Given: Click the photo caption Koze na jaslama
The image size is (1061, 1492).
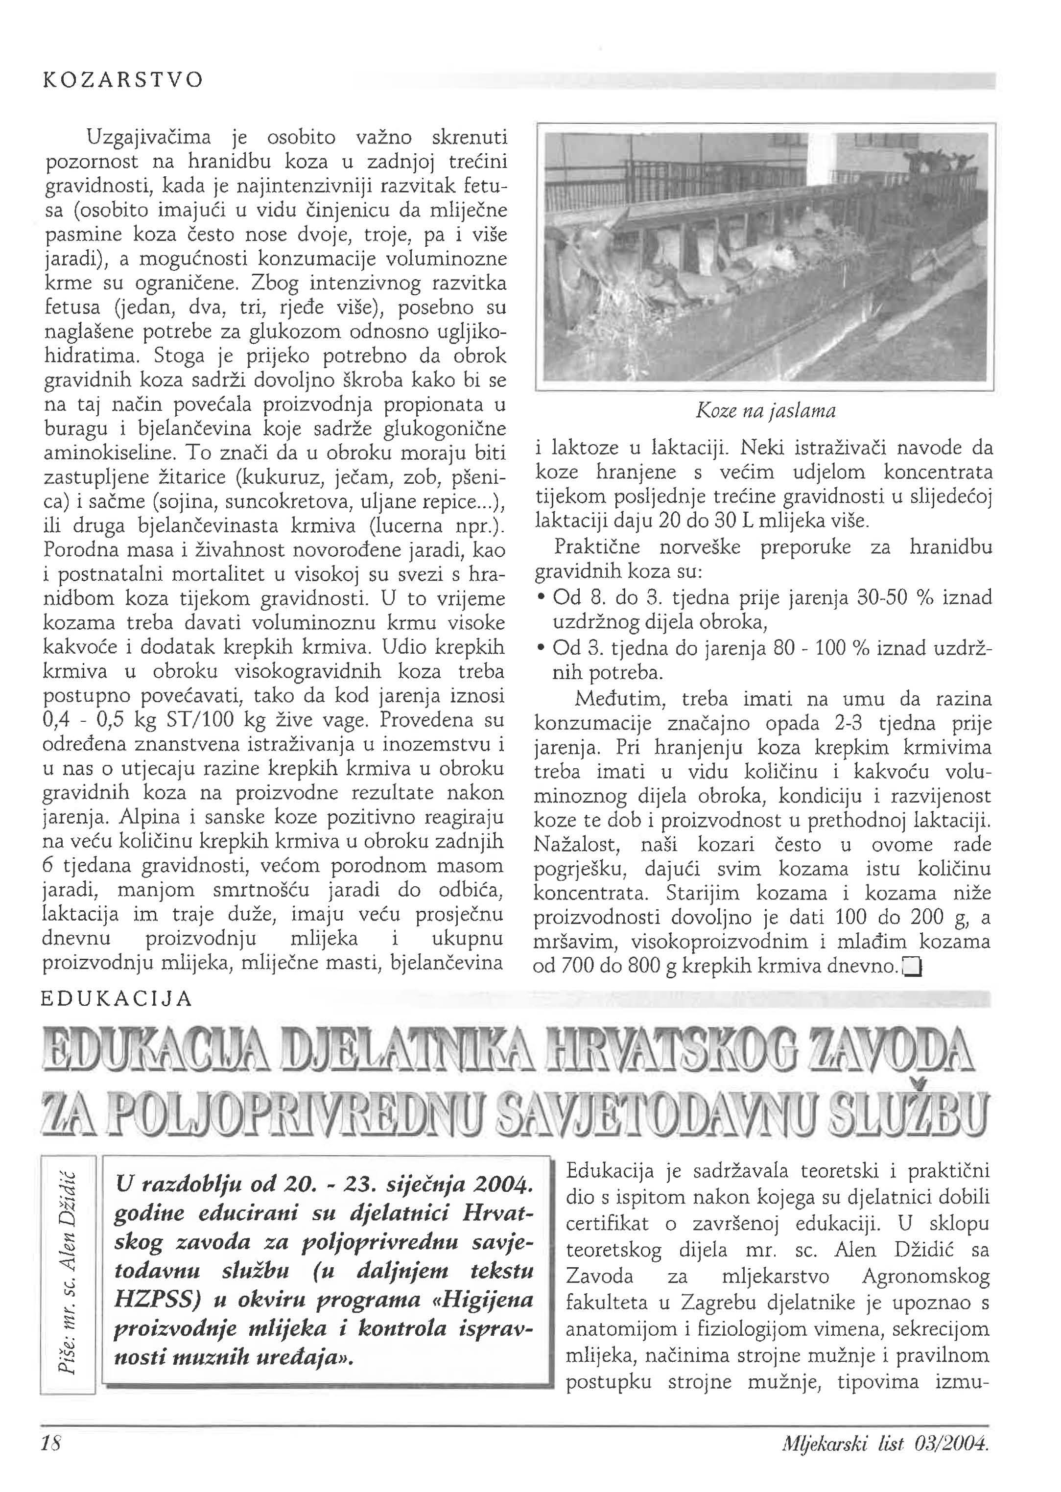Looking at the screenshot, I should click(765, 411).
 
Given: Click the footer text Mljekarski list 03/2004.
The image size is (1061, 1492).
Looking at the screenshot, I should click(885, 1460).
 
